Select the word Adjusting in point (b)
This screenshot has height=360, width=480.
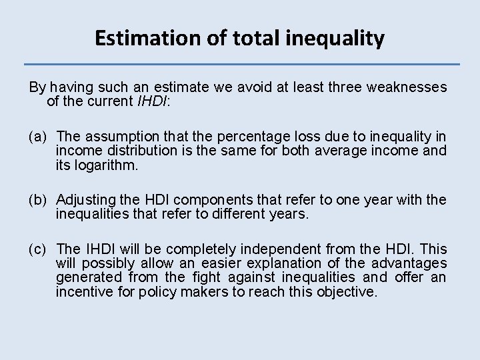pos(84,199)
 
